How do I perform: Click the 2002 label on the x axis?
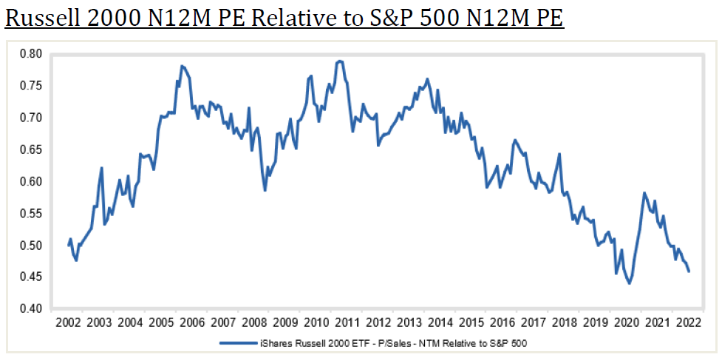point(68,323)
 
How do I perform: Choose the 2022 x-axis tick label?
point(689,323)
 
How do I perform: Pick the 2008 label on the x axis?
point(254,323)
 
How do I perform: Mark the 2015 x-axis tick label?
point(471,323)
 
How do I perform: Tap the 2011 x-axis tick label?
point(347,323)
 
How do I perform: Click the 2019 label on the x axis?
point(596,323)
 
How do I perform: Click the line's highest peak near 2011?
point(339,61)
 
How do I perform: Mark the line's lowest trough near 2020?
point(630,283)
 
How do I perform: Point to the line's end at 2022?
point(689,271)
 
